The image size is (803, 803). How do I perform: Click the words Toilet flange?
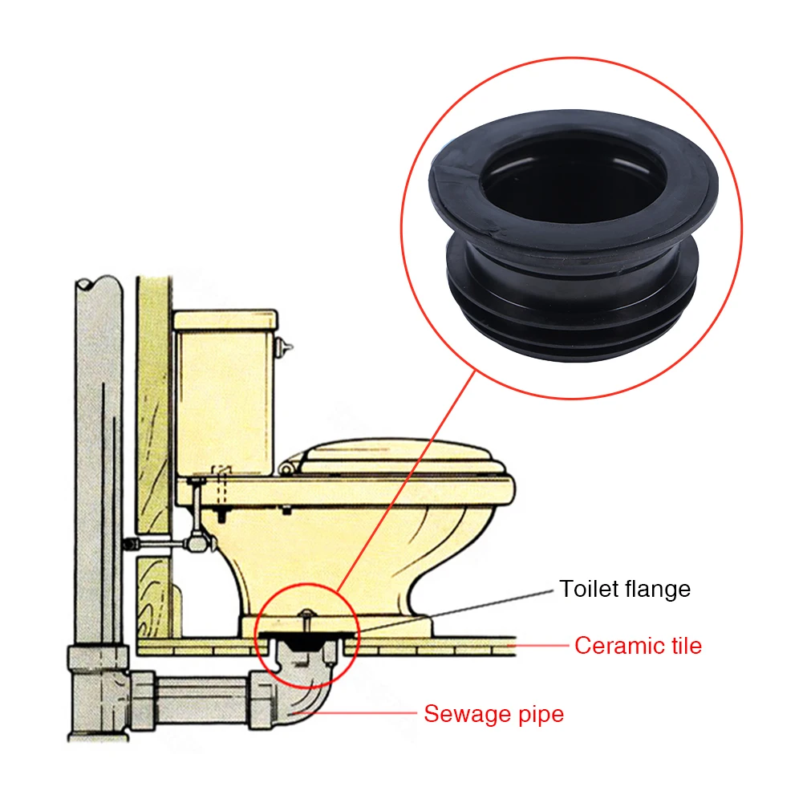point(625,589)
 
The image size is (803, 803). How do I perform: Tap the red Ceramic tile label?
point(638,645)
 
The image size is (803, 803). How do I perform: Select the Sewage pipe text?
point(493,713)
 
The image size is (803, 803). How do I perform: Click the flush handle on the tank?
point(282,346)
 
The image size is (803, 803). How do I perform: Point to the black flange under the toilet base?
point(305,639)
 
